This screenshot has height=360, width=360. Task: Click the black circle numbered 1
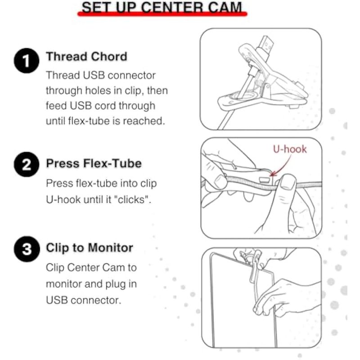coord(27,61)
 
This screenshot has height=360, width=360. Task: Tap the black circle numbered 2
coord(27,164)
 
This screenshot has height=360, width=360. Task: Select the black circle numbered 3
coord(27,249)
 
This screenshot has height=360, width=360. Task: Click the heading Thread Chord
coord(86,57)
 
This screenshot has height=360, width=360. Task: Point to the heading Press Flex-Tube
coord(94,163)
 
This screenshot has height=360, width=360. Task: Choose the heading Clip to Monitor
coord(90,248)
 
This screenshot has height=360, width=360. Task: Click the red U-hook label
coord(290,149)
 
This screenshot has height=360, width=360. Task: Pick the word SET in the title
coord(96,7)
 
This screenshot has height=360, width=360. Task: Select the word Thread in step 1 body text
coord(63,75)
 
